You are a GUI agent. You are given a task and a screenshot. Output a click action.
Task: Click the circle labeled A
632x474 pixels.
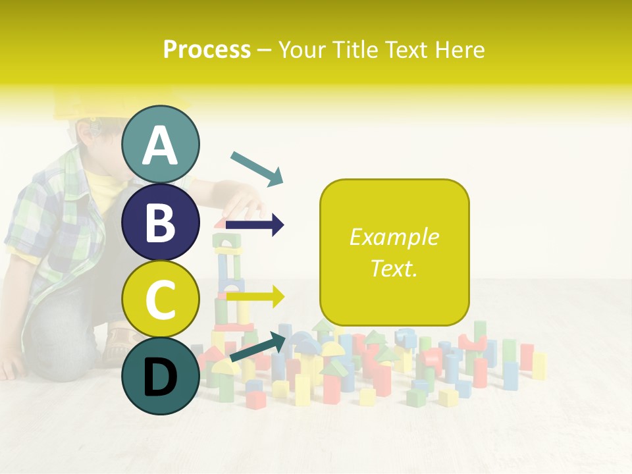point(160,144)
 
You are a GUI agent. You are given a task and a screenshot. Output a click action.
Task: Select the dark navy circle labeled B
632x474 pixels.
point(160,222)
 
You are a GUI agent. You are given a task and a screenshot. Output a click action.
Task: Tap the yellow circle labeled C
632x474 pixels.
point(160,299)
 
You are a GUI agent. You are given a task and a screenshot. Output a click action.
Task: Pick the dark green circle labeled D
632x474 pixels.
point(160,376)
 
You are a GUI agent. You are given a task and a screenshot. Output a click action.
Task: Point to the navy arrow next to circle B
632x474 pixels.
point(255,225)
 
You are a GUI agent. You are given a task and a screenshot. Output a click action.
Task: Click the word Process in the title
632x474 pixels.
point(207,49)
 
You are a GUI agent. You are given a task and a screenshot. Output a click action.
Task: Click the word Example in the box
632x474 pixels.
point(394,237)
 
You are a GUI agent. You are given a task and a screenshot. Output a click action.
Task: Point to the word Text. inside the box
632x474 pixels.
point(394,268)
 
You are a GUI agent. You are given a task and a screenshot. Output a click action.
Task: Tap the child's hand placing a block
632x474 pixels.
point(244,204)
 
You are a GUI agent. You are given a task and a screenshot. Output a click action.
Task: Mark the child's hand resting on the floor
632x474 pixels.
point(13,366)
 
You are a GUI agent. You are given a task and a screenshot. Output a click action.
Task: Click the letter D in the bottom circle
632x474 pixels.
point(160,377)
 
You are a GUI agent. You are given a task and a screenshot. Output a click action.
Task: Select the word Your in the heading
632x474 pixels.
point(300,49)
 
